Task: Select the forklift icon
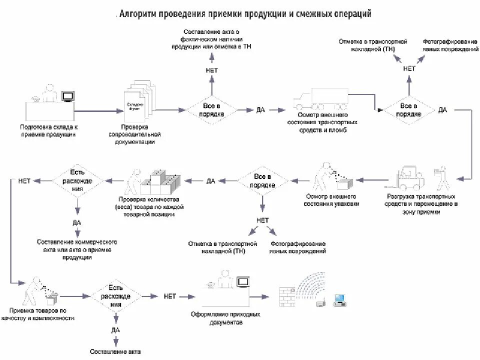(x=410, y=175)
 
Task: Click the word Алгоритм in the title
(x=138, y=13)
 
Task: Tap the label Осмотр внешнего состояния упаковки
(x=331, y=200)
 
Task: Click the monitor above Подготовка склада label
(x=68, y=95)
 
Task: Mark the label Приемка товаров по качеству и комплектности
(x=38, y=314)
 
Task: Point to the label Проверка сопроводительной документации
(x=134, y=134)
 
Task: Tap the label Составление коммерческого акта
(x=77, y=249)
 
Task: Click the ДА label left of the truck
(x=260, y=109)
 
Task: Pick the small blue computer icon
(x=340, y=300)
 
